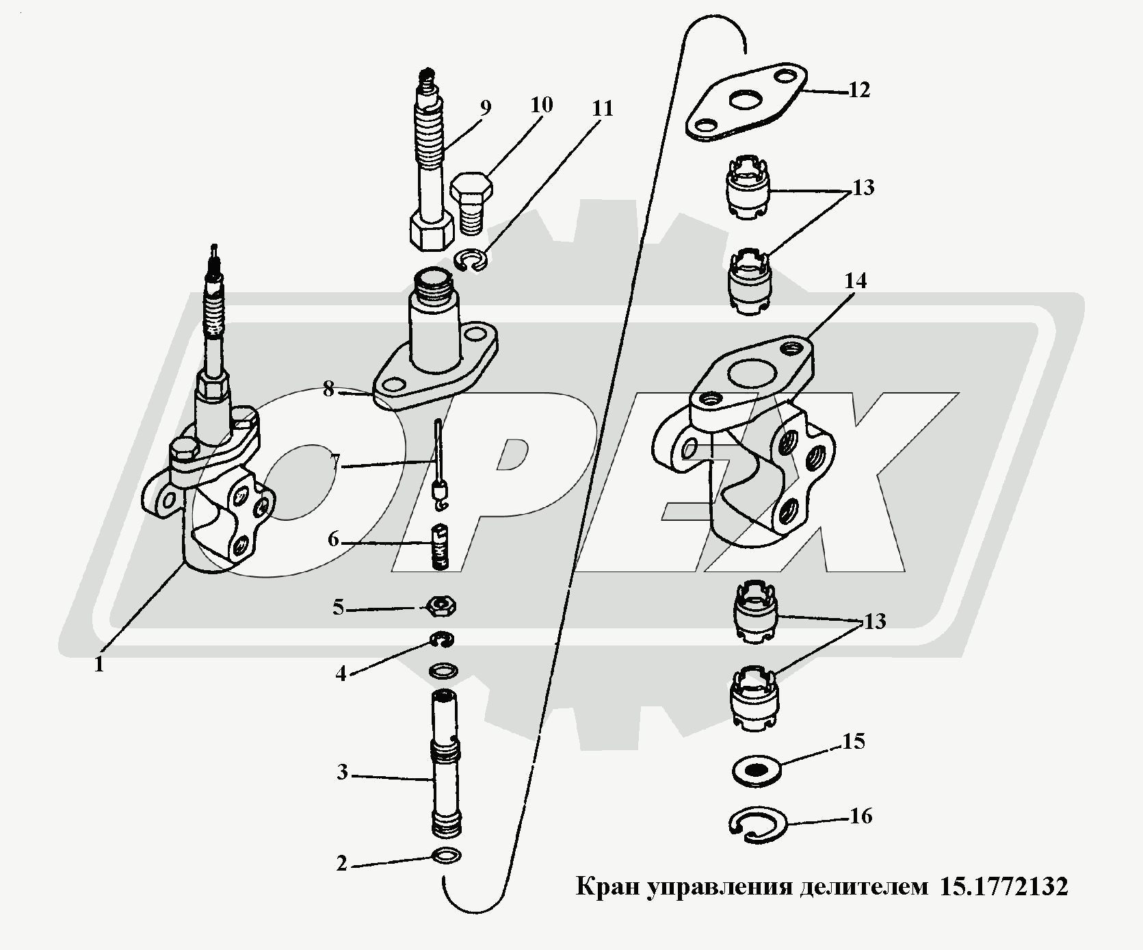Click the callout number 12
859,90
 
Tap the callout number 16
861,817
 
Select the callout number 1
99,664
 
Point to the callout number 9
484,108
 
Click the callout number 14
855,281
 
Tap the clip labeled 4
444,640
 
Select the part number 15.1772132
1004,887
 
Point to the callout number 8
328,390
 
